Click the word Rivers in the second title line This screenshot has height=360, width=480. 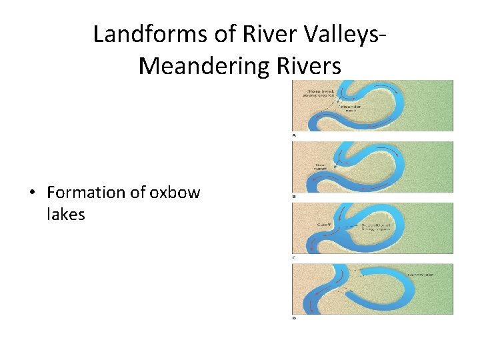(307, 65)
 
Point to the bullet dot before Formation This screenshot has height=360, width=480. (31, 193)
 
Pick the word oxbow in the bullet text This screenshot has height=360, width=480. (175, 193)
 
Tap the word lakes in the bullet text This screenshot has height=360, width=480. (66, 214)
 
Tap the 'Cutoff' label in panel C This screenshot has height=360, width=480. (324, 225)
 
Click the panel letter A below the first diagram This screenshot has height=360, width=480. (295, 135)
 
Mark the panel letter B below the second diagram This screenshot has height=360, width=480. (295, 197)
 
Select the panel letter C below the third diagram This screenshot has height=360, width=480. (295, 257)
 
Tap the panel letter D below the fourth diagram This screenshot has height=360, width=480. (295, 318)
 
